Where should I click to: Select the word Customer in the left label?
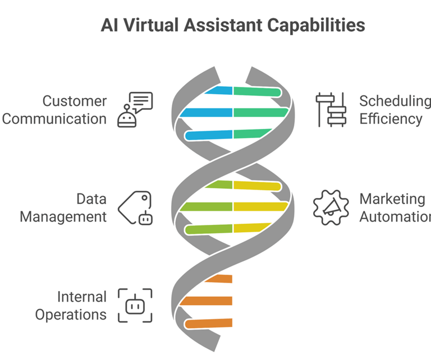coord(75,101)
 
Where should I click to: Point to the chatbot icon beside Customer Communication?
coord(135,110)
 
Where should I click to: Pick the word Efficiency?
coord(391,119)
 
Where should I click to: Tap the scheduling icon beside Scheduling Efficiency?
coord(331,110)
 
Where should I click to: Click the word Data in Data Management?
coord(91,199)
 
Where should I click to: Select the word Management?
coord(63,216)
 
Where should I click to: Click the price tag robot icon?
coord(135,208)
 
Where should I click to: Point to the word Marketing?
coord(392,199)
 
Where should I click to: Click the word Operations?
coord(71,314)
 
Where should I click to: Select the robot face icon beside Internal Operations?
coord(135,306)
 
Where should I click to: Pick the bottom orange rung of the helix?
coord(209,323)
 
